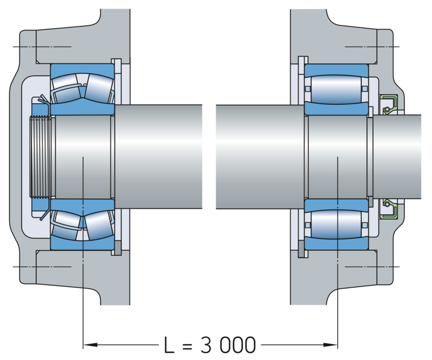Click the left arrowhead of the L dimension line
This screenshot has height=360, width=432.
(86, 344)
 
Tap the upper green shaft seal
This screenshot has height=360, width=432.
(388, 104)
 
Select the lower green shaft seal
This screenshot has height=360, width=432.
(388, 209)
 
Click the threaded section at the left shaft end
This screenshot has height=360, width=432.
(42, 157)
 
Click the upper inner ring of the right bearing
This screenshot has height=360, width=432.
(336, 110)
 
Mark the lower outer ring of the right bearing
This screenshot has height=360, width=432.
(336, 244)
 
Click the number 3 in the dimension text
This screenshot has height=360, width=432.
(207, 343)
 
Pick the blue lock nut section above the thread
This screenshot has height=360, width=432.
(40, 110)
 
